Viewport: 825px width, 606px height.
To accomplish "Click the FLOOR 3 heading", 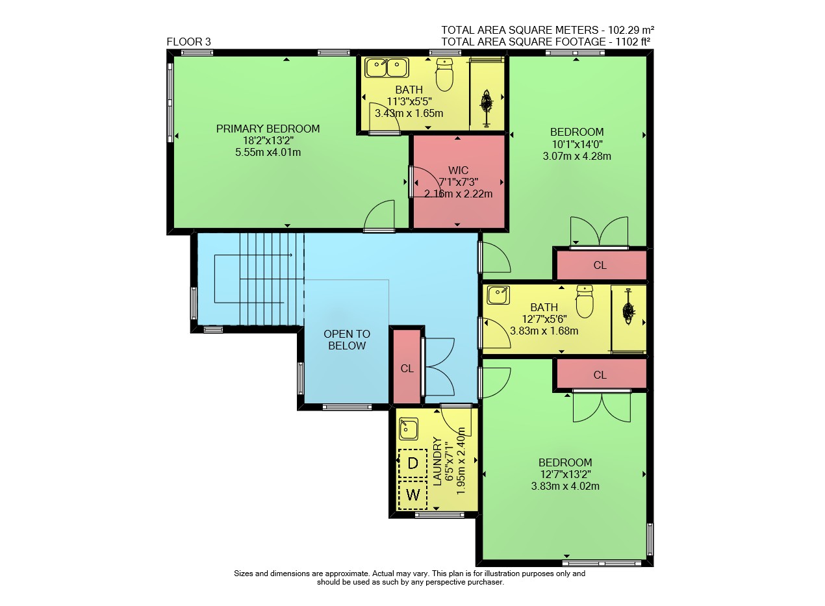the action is tap(188, 42).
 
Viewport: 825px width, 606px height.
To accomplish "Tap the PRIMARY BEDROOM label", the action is tap(268, 129).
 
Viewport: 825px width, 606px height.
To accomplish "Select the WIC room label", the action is tap(458, 170).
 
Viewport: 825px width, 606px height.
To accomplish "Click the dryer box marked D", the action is tap(413, 464).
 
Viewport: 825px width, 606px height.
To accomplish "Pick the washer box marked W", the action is tap(413, 495).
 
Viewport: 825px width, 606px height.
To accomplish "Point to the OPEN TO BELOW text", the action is tap(347, 340).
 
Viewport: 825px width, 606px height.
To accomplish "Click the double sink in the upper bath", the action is tap(387, 68).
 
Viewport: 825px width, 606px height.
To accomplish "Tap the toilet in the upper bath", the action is tap(444, 75).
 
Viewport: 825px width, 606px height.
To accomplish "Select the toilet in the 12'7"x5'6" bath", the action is tap(585, 301).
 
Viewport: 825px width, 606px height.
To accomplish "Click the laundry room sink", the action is tap(409, 429).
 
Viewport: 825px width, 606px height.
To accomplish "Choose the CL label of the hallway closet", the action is tap(407, 368).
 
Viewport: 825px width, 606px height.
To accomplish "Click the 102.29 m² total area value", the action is tap(631, 30).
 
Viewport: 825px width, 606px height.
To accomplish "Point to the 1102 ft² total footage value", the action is tap(633, 42).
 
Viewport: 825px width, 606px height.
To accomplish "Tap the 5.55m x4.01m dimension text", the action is tap(268, 152).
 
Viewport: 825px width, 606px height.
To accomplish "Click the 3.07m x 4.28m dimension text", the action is tap(577, 156).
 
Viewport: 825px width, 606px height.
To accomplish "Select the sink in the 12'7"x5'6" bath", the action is tap(498, 296).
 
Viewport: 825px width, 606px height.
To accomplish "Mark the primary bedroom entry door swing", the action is tap(379, 216).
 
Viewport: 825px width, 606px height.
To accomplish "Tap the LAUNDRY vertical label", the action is tap(437, 462).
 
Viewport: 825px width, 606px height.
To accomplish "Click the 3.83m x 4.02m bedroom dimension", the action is tap(565, 486).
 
